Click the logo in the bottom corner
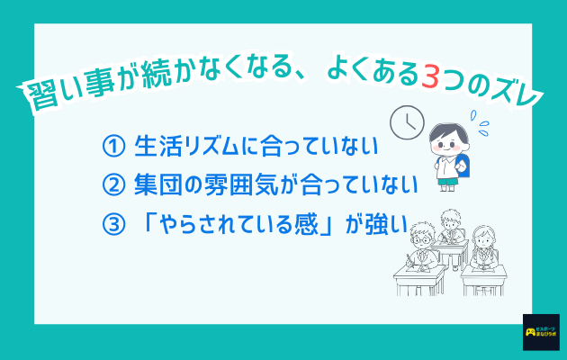click(540, 333)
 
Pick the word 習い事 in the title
click(63, 92)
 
